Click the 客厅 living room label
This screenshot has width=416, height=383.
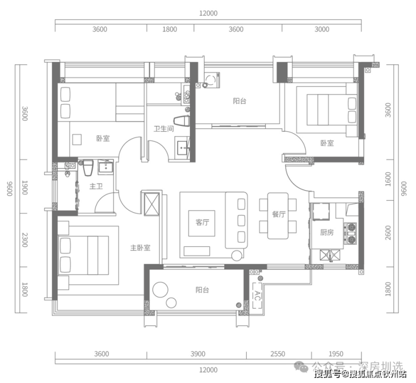(x=202, y=222)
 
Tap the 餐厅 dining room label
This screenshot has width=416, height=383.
(x=279, y=214)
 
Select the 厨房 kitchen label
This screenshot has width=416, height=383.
(x=327, y=232)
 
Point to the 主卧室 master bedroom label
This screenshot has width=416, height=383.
(x=140, y=247)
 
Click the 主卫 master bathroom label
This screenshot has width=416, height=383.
(x=96, y=186)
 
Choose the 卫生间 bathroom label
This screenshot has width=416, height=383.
(x=164, y=129)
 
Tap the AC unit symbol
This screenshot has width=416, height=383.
(x=257, y=295)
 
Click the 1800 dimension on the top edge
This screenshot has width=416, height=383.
(x=170, y=29)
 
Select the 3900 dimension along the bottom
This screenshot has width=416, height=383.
(x=198, y=354)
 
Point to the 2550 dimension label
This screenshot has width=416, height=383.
(x=278, y=354)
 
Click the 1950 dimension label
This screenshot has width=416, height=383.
(x=336, y=354)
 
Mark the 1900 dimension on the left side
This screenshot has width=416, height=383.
(x=25, y=187)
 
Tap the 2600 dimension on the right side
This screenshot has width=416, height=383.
(x=388, y=232)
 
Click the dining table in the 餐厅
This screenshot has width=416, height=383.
(x=278, y=215)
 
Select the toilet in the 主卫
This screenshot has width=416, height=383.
(x=88, y=168)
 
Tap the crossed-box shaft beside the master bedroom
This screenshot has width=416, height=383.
(x=151, y=204)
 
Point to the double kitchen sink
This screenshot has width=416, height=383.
(x=329, y=255)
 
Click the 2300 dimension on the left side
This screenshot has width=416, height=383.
(x=25, y=240)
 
